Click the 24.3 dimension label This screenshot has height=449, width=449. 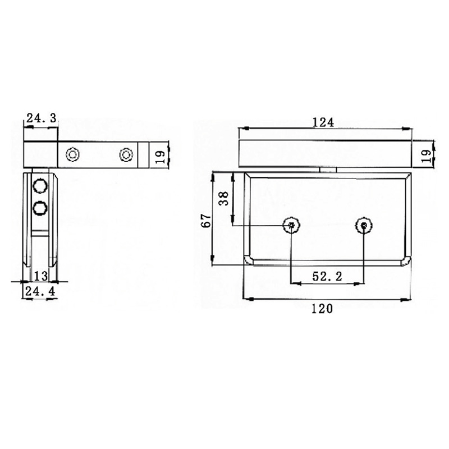[x=41, y=118]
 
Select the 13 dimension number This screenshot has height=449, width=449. [x=40, y=276]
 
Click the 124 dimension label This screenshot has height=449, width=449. [x=324, y=122]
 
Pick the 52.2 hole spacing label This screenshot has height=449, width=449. [x=328, y=276]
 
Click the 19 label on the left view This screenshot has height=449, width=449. [x=159, y=153]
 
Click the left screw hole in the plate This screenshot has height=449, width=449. [x=291, y=226]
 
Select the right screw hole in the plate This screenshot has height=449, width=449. [x=364, y=226]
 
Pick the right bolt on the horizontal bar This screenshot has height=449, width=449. [x=126, y=154]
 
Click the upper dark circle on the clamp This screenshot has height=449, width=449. [x=40, y=186]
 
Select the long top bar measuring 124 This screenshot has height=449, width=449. [x=324, y=153]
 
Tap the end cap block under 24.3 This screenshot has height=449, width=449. [x=41, y=153]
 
